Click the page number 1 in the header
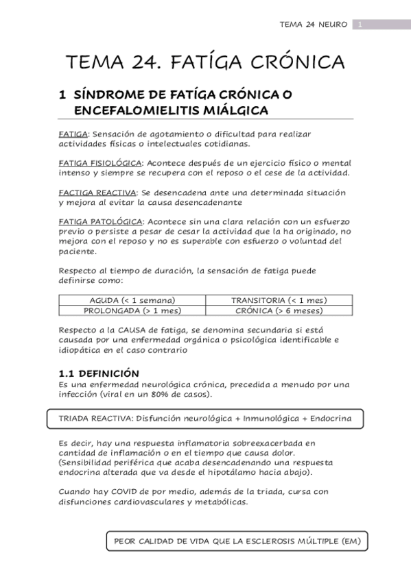pyautogui.click(x=360, y=25)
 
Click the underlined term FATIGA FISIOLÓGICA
pyautogui.click(x=100, y=162)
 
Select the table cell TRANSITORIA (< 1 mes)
pyautogui.click(x=279, y=300)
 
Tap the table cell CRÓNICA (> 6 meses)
pyautogui.click(x=279, y=310)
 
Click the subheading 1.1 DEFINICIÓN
pyautogui.click(x=99, y=373)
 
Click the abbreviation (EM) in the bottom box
pyautogui.click(x=349, y=541)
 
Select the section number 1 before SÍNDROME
pyautogui.click(x=62, y=95)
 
